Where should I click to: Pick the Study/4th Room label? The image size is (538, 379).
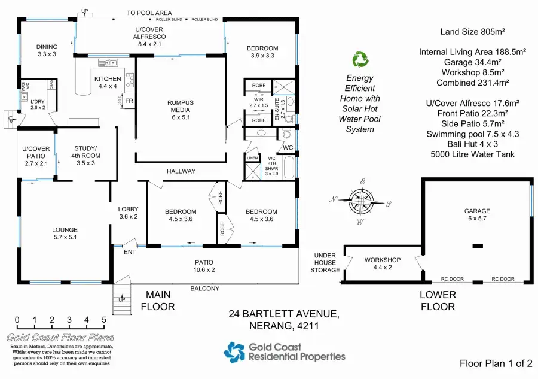pos(85,153)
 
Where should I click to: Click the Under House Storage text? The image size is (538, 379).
pos(325,263)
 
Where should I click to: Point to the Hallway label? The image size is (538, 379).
pos(181,171)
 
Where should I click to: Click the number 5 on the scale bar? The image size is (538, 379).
pos(104,320)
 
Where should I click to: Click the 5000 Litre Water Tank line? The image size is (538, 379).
pos(472,154)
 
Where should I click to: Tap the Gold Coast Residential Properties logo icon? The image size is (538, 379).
pos(234,351)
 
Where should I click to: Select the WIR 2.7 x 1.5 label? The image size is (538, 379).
pos(259,103)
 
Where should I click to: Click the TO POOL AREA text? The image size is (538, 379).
pos(149,13)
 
